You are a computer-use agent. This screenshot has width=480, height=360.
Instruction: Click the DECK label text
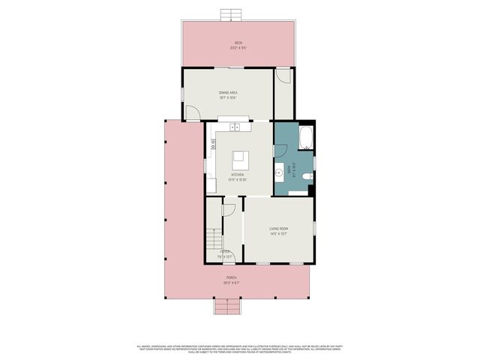[238, 43]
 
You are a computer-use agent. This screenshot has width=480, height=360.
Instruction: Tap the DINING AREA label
[228, 92]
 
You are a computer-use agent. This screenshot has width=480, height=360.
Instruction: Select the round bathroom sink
[278, 172]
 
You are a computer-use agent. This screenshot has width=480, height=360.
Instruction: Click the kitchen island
[241, 158]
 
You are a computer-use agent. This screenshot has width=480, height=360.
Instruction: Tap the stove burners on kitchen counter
[213, 141]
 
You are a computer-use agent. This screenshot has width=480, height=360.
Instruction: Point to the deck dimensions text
[238, 48]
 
